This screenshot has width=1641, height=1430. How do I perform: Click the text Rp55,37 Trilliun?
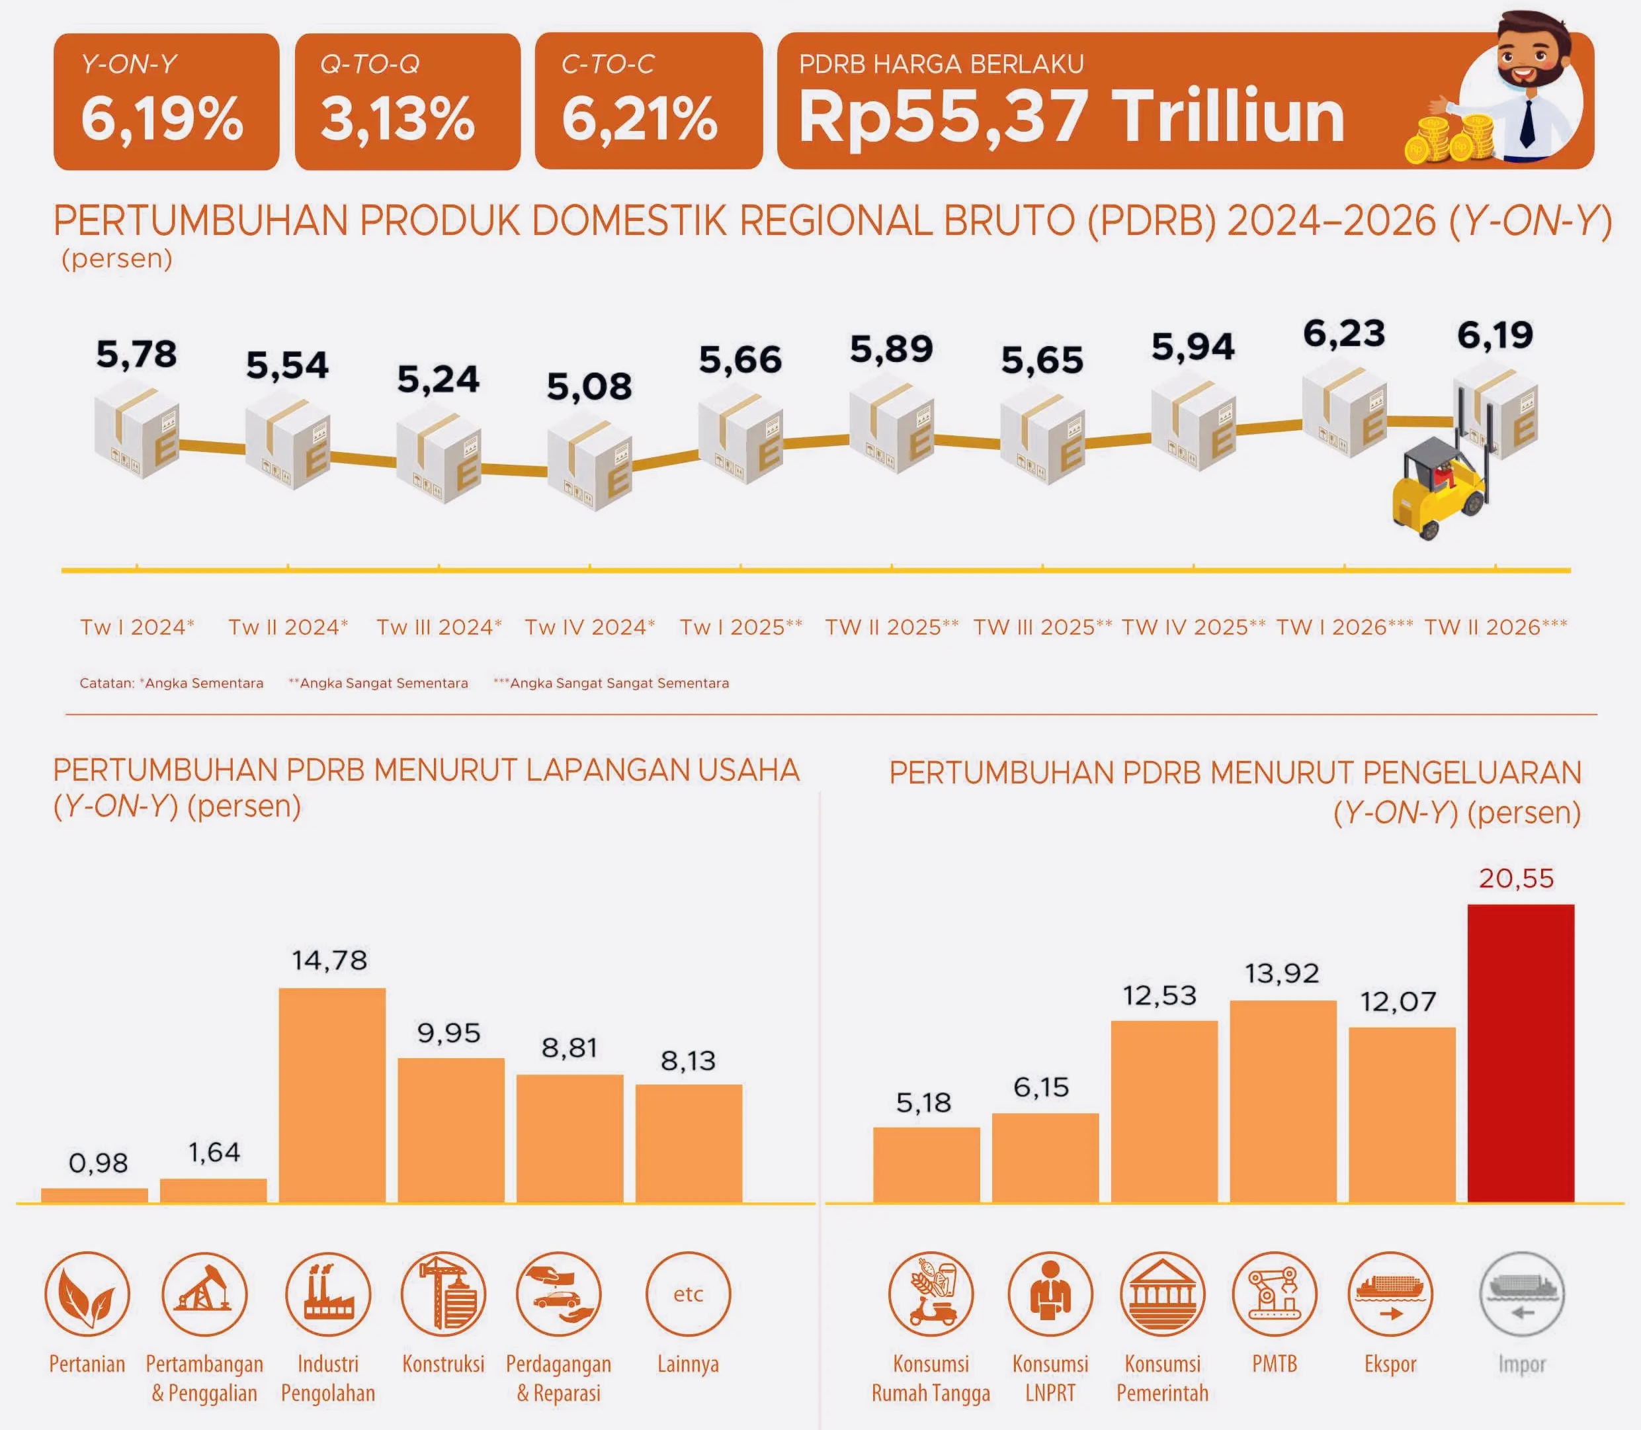tap(1072, 117)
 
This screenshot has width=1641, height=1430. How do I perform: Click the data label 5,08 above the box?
tap(589, 387)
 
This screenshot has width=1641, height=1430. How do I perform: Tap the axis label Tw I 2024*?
tap(137, 627)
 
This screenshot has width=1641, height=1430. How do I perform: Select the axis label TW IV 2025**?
tap(1193, 627)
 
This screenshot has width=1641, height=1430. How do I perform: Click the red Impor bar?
tap(1521, 1053)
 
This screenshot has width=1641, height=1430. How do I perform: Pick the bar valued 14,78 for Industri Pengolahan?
tap(332, 1095)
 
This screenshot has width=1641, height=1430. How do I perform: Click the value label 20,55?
tap(1516, 879)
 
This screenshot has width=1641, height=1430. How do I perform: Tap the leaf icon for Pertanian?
tap(87, 1294)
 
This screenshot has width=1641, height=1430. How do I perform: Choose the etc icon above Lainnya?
tap(688, 1294)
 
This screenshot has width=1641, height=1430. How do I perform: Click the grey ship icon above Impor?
tap(1521, 1294)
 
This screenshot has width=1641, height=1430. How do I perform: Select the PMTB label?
tap(1274, 1364)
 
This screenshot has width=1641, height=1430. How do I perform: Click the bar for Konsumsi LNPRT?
tap(1045, 1157)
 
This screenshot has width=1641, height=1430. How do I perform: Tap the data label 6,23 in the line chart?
tap(1344, 334)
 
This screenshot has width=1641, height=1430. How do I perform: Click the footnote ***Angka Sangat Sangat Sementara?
tap(611, 683)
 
